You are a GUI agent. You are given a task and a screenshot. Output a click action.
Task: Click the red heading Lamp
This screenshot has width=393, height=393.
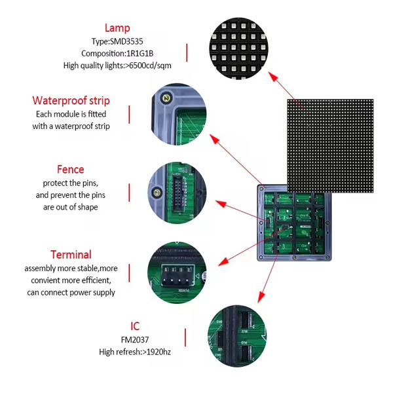(x=117, y=28)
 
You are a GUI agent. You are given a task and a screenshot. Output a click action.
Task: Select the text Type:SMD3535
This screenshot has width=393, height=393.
(x=117, y=41)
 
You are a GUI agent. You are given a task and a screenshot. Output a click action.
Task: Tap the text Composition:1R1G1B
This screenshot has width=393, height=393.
(x=117, y=53)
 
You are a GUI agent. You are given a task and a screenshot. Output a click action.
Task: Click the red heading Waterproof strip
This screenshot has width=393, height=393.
(x=71, y=101)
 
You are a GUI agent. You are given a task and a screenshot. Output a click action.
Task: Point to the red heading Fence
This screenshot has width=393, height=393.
(x=71, y=170)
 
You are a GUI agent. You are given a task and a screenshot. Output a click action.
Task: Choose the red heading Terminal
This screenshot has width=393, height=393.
(x=71, y=254)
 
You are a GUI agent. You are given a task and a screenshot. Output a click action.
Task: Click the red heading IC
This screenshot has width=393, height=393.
(x=135, y=326)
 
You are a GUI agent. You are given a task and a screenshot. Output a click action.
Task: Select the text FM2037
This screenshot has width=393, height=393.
(x=135, y=339)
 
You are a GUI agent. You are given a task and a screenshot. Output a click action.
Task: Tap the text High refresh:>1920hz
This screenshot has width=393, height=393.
(x=135, y=352)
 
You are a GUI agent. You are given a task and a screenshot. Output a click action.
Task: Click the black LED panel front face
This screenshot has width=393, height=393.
(x=329, y=145)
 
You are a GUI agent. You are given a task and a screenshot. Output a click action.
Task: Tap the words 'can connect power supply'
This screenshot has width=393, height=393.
(x=71, y=292)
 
